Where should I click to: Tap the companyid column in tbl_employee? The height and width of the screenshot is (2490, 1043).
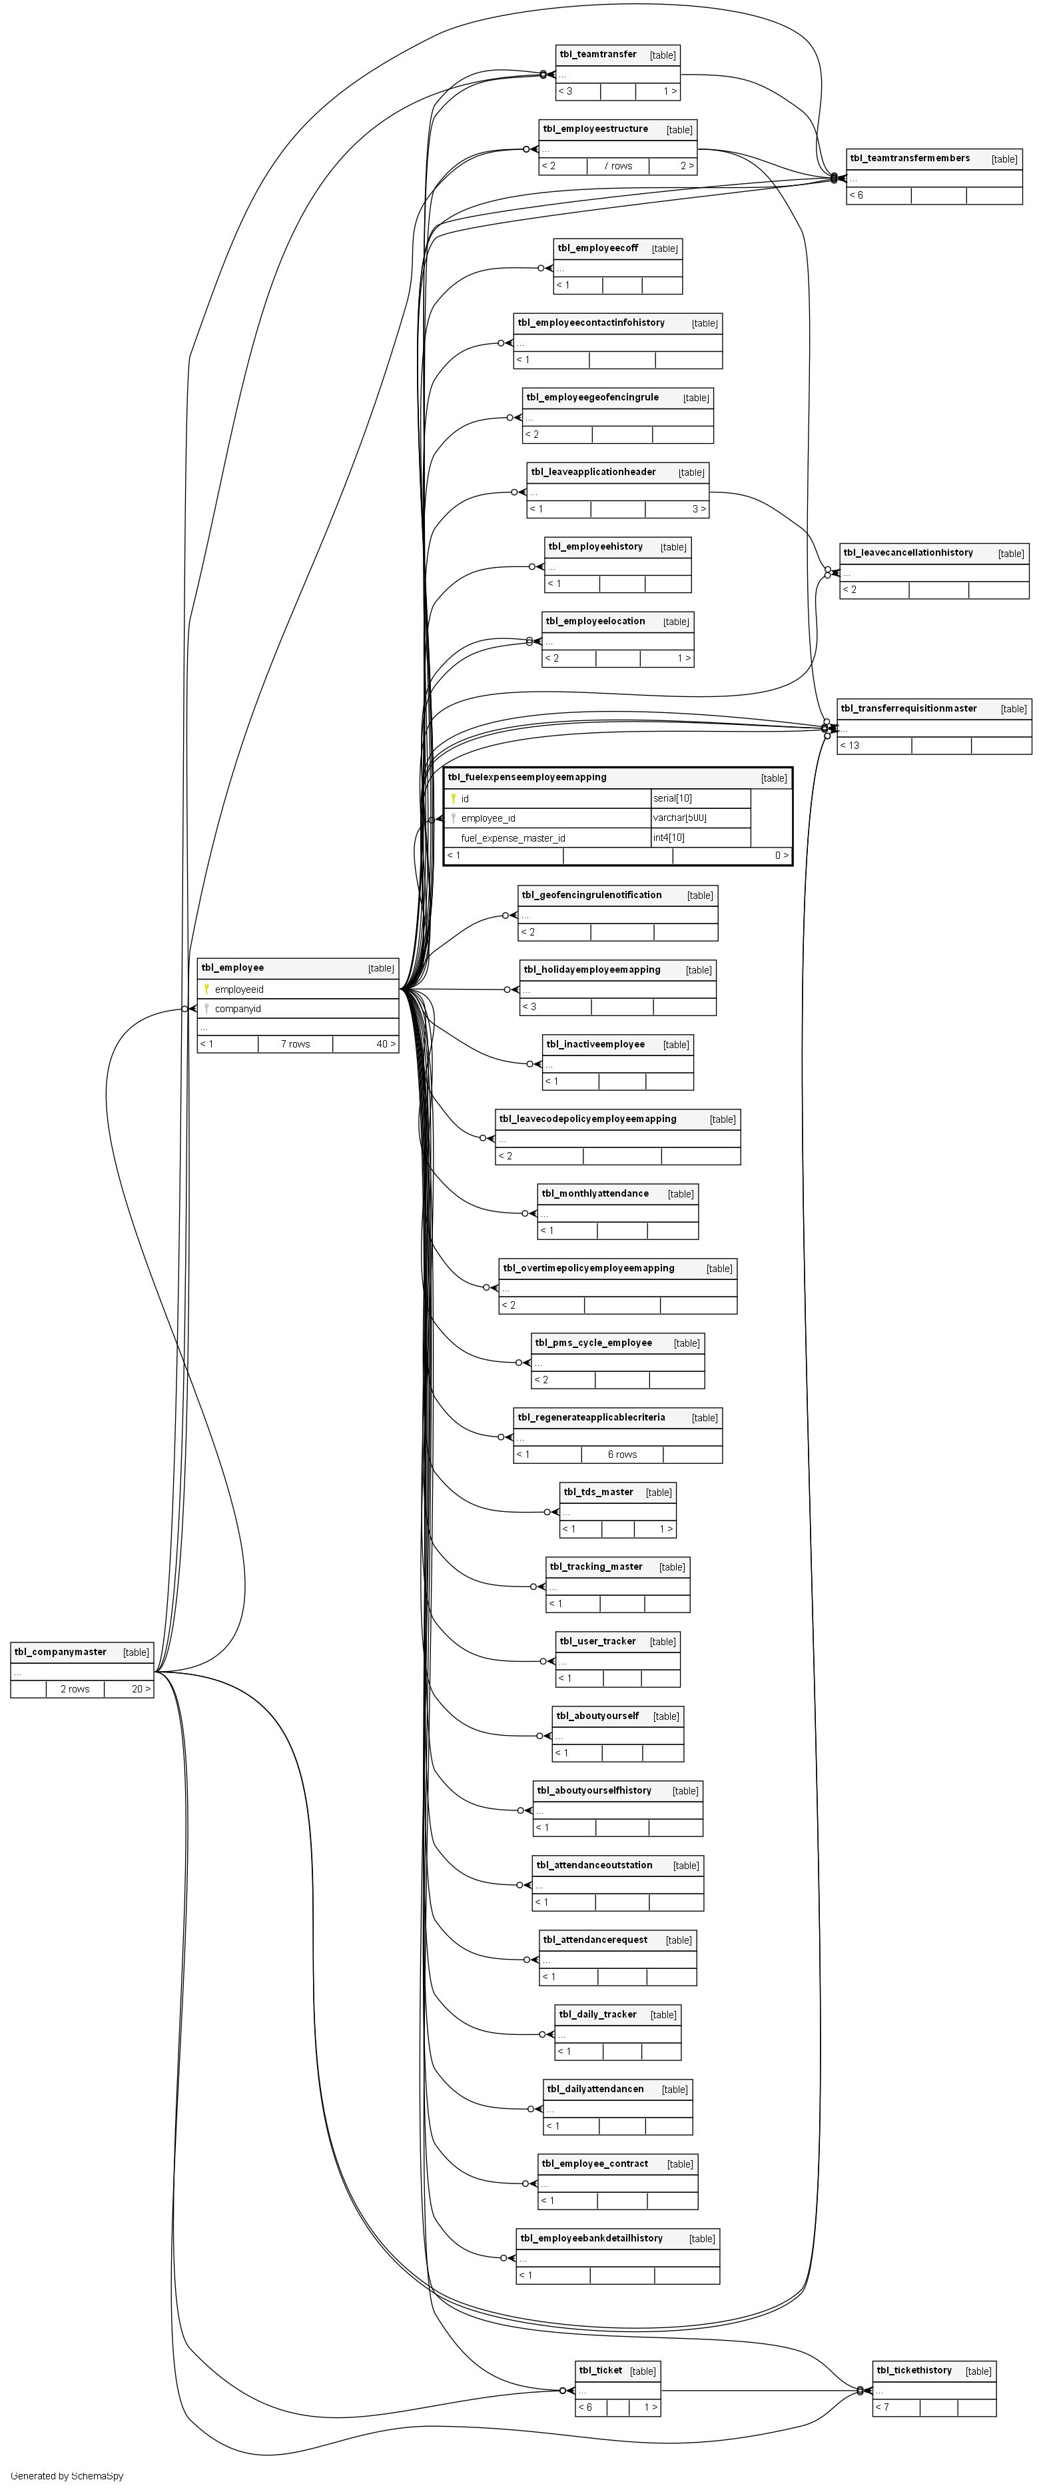point(238,1008)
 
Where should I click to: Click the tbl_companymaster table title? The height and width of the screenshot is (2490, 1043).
point(60,1652)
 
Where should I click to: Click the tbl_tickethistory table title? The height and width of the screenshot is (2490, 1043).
point(914,2370)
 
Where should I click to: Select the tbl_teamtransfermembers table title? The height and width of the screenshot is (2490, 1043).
point(910,159)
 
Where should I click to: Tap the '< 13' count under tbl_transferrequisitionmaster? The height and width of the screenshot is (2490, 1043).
point(850,745)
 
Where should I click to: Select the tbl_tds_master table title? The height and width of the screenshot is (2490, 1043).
point(598,1491)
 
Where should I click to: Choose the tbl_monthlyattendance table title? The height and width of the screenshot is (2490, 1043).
point(595,1194)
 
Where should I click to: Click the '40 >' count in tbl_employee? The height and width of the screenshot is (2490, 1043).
point(386,1044)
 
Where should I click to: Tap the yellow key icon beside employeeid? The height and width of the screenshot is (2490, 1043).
point(206,989)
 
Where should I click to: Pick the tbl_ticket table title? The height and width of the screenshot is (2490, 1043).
point(600,2370)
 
